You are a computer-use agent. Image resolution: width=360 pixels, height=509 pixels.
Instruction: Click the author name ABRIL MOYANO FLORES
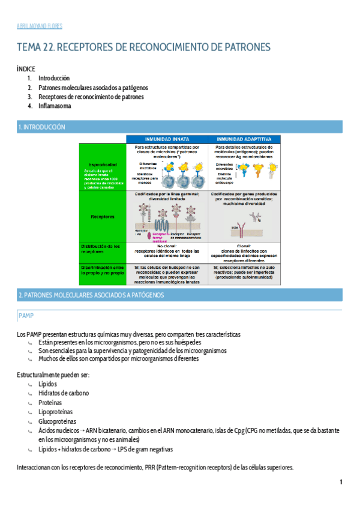point(39,26)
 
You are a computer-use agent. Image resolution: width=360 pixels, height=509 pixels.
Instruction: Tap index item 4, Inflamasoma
point(55,106)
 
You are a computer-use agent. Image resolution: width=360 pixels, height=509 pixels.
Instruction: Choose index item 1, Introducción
point(54,78)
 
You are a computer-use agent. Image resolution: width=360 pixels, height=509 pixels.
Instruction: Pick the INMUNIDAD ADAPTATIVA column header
point(244,139)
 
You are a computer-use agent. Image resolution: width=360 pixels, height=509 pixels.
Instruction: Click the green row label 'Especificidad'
point(103,164)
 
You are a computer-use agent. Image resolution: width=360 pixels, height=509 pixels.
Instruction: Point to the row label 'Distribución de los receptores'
point(102,248)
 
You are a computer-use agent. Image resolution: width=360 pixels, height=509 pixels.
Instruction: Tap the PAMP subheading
point(26,315)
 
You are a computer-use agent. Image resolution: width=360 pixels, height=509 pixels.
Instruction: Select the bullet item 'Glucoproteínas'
point(57,421)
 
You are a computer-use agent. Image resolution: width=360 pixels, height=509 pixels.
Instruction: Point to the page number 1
point(341,482)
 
